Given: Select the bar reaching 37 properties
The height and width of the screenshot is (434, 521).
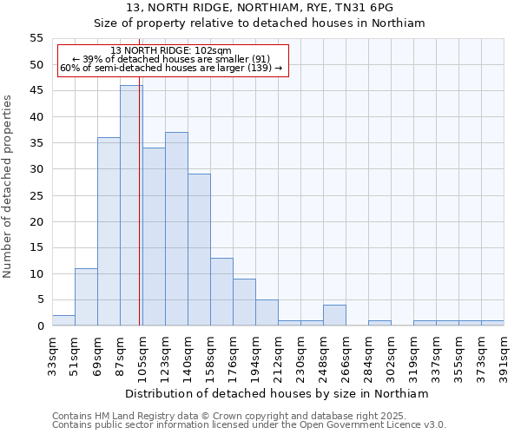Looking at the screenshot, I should pyautogui.click(x=176, y=229).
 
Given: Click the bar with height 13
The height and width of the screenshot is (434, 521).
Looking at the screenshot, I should pyautogui.click(x=221, y=292).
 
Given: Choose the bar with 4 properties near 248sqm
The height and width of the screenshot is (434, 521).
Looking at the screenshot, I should pyautogui.click(x=334, y=315).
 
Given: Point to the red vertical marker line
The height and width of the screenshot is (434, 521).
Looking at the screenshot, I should pyautogui.click(x=140, y=217).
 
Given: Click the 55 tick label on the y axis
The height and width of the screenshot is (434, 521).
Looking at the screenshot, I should pyautogui.click(x=36, y=38).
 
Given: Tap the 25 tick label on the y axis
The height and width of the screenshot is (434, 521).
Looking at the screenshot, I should pyautogui.click(x=36, y=195).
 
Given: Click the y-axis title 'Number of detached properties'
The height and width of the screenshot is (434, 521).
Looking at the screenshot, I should pyautogui.click(x=9, y=186).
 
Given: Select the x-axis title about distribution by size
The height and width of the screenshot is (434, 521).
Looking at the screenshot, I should pyautogui.click(x=278, y=393).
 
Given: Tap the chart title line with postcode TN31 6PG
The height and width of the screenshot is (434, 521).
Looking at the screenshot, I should pyautogui.click(x=260, y=7).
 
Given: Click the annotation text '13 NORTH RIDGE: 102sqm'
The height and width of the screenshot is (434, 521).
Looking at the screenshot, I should pyautogui.click(x=171, y=51).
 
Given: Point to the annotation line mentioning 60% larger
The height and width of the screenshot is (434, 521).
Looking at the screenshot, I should pyautogui.click(x=171, y=68).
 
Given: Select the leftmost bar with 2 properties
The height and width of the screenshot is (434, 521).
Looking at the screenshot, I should pyautogui.click(x=63, y=320).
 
